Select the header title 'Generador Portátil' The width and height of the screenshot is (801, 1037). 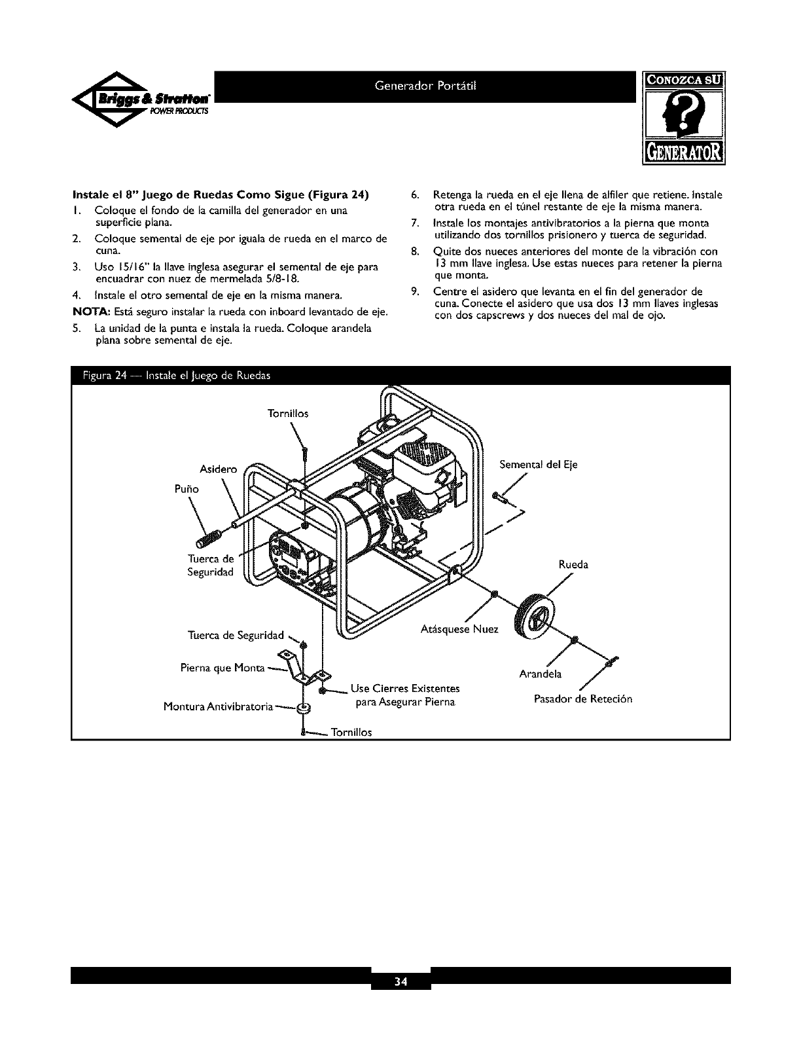pyautogui.click(x=427, y=86)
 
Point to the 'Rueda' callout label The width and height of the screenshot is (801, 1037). pyautogui.click(x=573, y=564)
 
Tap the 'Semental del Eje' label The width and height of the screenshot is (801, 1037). pyautogui.click(x=539, y=465)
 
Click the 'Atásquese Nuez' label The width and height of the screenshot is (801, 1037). pyautogui.click(x=459, y=630)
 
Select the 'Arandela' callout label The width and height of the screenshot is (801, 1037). pyautogui.click(x=541, y=674)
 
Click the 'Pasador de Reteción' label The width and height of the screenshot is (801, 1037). pyautogui.click(x=583, y=699)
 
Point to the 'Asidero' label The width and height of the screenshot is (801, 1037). pyautogui.click(x=217, y=469)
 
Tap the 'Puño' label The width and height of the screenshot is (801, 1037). pyautogui.click(x=185, y=489)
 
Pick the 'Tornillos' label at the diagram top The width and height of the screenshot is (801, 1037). pyautogui.click(x=287, y=414)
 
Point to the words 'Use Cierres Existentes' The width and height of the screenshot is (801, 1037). pyautogui.click(x=405, y=689)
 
